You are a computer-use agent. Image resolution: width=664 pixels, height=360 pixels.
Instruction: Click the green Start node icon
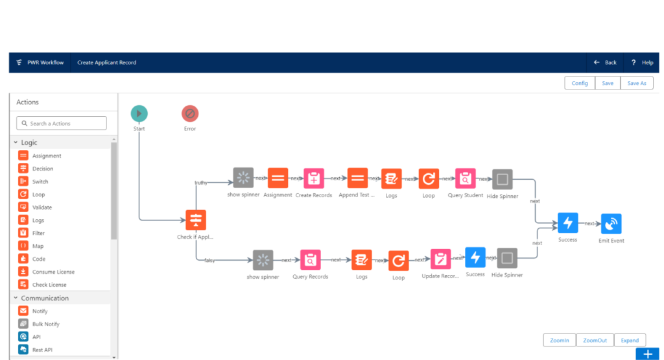[x=139, y=114]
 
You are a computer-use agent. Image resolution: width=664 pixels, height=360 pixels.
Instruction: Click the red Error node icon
[x=190, y=114]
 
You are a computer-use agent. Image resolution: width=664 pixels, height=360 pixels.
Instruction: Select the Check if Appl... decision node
[x=195, y=221]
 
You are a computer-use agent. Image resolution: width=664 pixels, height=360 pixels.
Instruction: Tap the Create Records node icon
[x=314, y=178]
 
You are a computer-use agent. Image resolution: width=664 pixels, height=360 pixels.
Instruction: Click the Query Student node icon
[x=465, y=178]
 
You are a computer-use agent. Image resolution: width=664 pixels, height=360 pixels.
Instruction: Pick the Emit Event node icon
[x=611, y=224]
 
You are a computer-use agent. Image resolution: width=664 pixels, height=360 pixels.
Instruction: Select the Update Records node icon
[x=440, y=259]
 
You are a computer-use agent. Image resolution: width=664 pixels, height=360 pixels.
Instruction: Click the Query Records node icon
[x=311, y=260]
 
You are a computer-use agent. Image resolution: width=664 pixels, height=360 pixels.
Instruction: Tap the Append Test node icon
[x=357, y=178]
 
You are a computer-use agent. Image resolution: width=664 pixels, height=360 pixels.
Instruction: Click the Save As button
[x=636, y=83]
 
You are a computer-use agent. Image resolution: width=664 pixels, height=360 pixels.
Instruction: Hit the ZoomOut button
[x=595, y=340]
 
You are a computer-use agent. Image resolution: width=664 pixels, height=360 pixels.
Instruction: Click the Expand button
[x=630, y=340]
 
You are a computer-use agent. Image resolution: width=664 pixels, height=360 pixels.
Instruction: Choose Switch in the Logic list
[x=40, y=182]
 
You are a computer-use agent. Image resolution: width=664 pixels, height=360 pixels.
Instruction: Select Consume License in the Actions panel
[x=53, y=272]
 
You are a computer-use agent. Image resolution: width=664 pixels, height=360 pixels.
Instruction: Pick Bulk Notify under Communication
[x=45, y=324]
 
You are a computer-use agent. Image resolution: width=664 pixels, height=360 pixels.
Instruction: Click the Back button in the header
[x=605, y=62]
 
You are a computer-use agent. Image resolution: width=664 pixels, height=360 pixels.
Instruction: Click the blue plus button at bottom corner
[x=647, y=354]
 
